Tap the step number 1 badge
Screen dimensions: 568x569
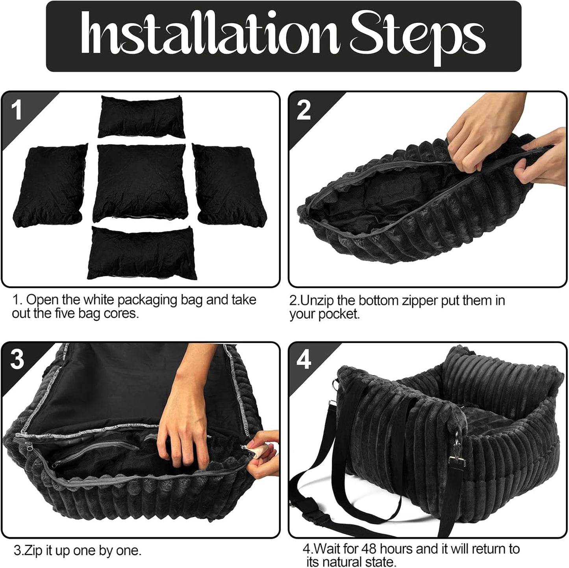click(x=17, y=110)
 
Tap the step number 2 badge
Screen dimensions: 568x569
click(x=304, y=110)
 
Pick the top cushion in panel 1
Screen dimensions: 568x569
click(x=141, y=116)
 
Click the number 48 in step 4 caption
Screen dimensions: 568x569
click(x=369, y=549)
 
